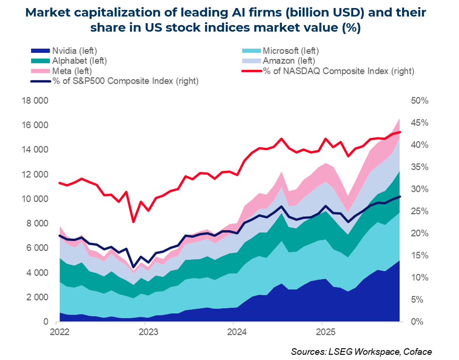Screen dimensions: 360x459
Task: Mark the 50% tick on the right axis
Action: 419,101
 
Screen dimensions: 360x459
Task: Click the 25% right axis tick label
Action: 419,211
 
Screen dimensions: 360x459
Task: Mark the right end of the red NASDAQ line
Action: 400,132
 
